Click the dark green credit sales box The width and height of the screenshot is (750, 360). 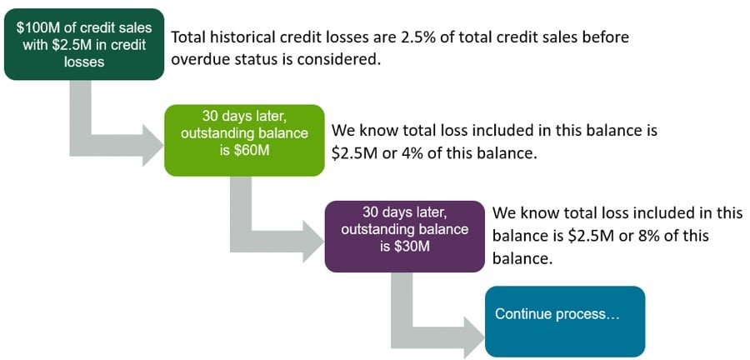pyautogui.click(x=84, y=44)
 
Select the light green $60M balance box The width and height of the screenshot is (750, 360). pyautogui.click(x=244, y=140)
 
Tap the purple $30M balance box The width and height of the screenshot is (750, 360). pyautogui.click(x=405, y=236)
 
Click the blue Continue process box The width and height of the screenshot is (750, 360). pyautogui.click(x=565, y=322)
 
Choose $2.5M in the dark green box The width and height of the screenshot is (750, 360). pyautogui.click(x=70, y=45)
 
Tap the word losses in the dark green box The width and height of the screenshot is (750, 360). pyautogui.click(x=84, y=62)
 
